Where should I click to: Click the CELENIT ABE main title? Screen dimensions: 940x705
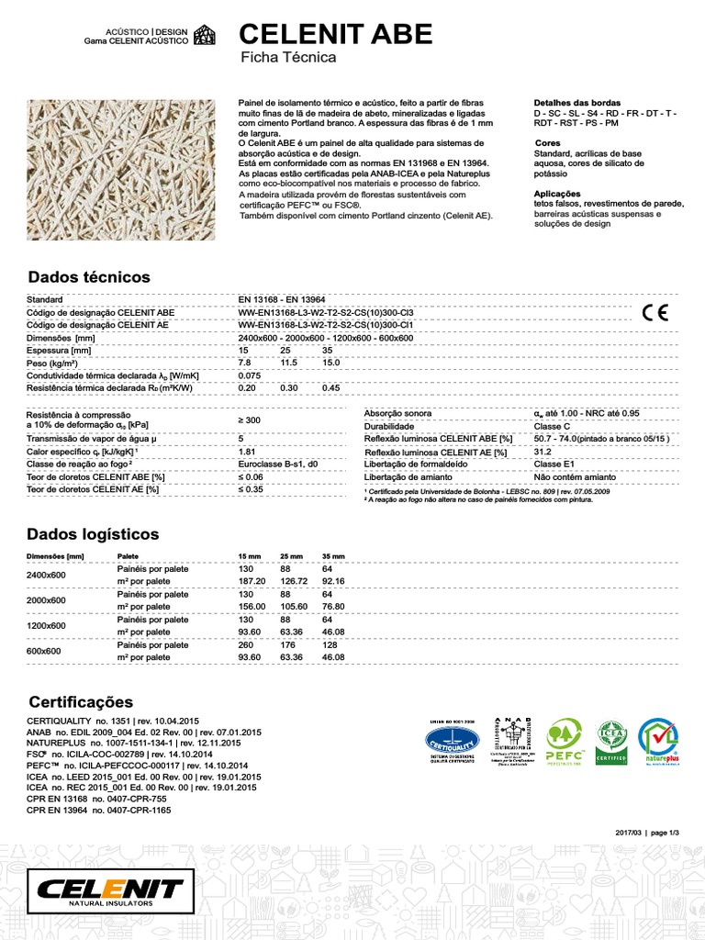[x=335, y=34]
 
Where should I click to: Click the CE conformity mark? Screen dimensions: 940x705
[x=655, y=311]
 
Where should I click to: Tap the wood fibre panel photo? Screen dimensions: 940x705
[x=121, y=170]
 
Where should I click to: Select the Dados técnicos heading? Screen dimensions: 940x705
[x=89, y=277]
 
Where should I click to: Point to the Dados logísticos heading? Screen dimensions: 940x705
[x=94, y=534]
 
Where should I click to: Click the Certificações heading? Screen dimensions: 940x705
[x=81, y=702]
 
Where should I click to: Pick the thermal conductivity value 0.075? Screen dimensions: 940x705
[x=250, y=375]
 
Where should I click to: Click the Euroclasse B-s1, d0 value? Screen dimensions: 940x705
[x=277, y=465]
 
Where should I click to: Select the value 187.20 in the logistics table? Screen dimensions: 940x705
[x=252, y=581]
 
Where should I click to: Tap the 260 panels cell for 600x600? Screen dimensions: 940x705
[x=246, y=645]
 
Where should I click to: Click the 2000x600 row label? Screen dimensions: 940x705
[x=47, y=600]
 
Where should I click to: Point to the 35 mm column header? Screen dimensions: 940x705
[x=333, y=557]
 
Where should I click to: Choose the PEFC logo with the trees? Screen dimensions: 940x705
[x=565, y=742]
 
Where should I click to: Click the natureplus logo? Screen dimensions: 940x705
[x=657, y=742]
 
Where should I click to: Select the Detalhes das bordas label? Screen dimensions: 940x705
[x=576, y=103]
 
